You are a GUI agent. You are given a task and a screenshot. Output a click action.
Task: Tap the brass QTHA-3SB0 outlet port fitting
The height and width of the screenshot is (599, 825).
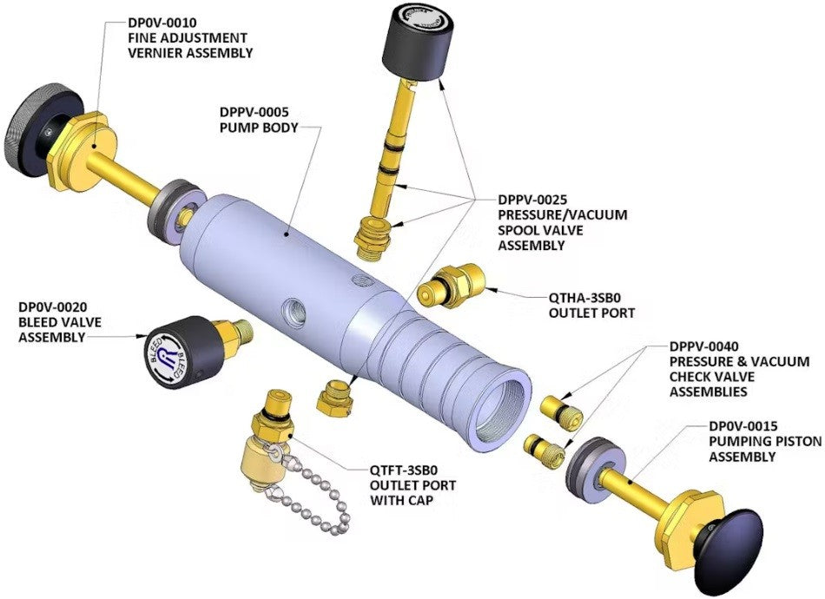tap(451, 285)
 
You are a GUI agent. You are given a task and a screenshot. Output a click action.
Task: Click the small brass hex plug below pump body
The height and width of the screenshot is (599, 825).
tap(334, 397)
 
